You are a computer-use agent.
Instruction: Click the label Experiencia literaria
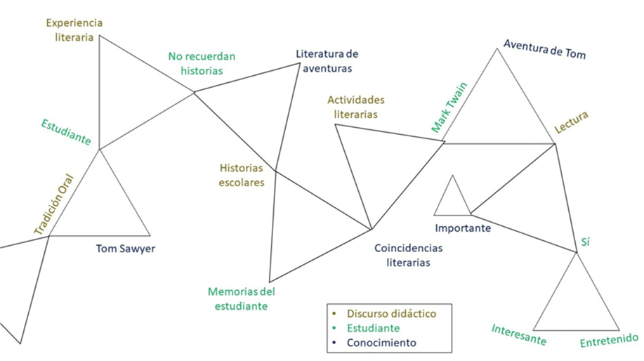[70, 30]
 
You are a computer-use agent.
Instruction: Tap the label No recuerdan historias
[202, 63]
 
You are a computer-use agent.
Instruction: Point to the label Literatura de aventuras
[327, 61]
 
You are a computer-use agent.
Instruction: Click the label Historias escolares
[242, 176]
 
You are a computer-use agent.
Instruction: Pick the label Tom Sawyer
[126, 248]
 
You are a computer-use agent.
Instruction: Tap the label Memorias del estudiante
[242, 298]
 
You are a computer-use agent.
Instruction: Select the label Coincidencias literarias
[408, 255]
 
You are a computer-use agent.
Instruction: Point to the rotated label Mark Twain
[449, 107]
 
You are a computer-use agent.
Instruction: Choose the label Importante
[463, 228]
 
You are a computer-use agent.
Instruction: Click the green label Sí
[586, 242]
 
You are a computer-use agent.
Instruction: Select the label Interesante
[519, 334]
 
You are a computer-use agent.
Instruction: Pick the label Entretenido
[609, 341]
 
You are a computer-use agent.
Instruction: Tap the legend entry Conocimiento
[381, 343]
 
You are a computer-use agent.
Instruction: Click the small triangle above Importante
[452, 201]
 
